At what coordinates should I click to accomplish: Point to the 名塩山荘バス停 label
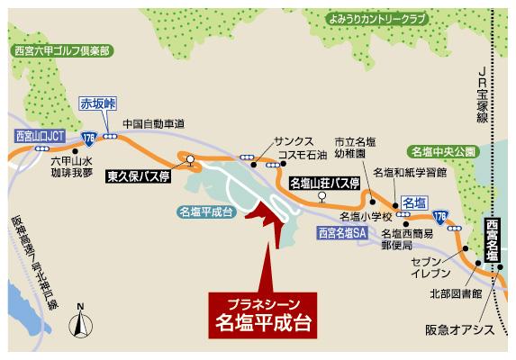pos(325,184)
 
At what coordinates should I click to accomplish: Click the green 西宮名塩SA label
pos(343,232)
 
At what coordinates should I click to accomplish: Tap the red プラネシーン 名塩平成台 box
pos(264,311)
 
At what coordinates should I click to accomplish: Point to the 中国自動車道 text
pos(153,123)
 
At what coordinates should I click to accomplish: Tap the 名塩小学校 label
pos(366,217)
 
